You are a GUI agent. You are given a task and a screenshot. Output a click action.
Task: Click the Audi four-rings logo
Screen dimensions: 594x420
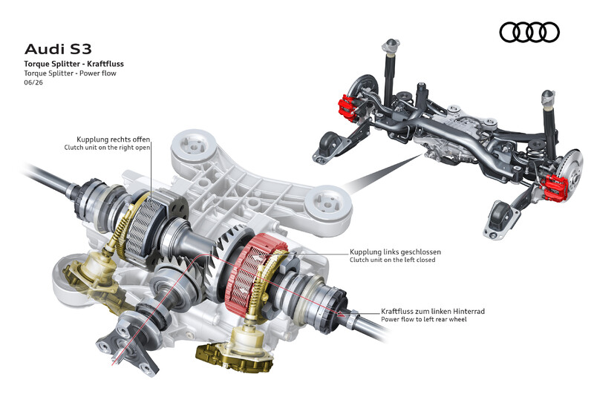tap(529, 32)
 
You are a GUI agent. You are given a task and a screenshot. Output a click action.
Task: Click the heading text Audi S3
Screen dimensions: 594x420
tap(58, 49)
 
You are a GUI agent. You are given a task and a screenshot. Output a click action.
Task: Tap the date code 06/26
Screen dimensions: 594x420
tap(33, 82)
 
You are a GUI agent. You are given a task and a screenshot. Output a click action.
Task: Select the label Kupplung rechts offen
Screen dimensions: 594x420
tap(114, 140)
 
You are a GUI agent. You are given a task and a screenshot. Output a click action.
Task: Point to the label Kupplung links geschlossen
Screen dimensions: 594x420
tap(395, 252)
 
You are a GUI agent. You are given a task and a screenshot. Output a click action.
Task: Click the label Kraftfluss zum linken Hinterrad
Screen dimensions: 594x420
tap(433, 312)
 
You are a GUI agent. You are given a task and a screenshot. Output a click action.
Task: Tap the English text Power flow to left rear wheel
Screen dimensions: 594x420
tap(423, 319)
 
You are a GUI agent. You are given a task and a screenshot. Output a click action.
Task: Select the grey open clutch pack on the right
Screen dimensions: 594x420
tap(146, 227)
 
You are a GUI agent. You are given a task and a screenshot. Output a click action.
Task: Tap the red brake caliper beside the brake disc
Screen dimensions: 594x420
tap(555, 187)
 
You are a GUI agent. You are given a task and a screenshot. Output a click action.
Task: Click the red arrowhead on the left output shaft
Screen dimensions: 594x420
tap(342, 313)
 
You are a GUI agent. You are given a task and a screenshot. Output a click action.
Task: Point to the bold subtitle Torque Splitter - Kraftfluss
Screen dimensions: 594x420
tap(74, 64)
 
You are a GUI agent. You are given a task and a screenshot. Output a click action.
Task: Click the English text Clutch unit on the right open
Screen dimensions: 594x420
tap(107, 148)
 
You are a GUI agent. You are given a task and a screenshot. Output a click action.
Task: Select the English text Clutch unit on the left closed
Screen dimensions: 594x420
tap(393, 260)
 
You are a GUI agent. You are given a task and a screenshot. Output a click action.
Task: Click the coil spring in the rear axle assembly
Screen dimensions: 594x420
tap(535, 153)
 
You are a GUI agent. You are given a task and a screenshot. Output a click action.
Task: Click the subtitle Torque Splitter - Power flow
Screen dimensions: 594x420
tap(70, 73)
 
